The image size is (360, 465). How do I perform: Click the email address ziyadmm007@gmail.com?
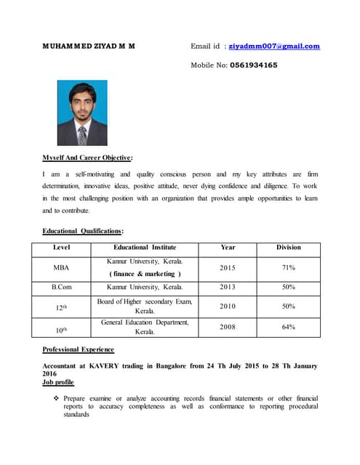coord(274,46)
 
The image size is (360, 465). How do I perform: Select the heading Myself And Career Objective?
coord(87,158)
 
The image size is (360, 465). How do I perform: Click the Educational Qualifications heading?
coord(83,230)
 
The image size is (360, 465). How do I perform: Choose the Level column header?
coord(62,248)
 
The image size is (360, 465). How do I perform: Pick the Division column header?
coord(288,248)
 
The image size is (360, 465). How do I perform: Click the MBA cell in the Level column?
coord(62,267)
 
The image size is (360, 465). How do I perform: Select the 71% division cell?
coord(288,267)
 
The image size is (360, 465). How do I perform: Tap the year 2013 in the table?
coord(228,287)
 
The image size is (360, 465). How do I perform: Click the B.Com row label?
coord(62,287)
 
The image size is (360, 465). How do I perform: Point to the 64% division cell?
coord(288,327)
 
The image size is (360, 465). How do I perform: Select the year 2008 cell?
coord(228,327)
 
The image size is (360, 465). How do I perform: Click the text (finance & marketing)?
coord(144,274)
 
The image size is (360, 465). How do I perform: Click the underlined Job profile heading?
coord(58,382)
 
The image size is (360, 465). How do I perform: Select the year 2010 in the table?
coord(228,307)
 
